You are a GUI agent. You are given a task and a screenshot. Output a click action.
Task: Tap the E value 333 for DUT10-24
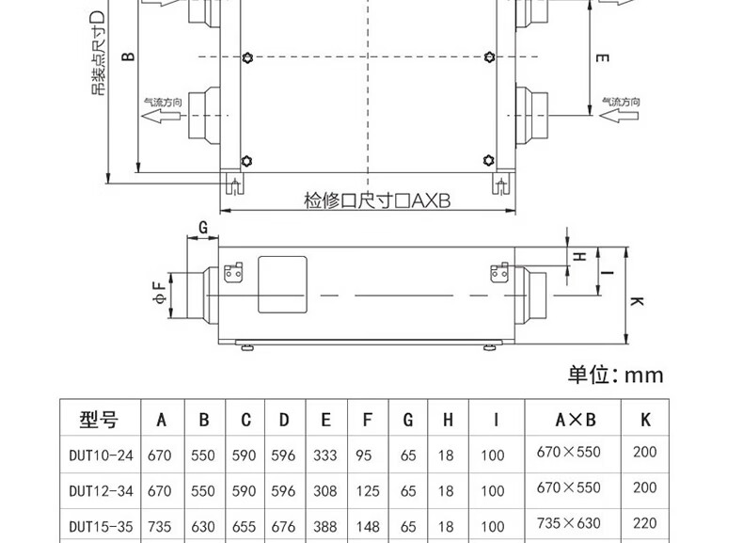point(326,455)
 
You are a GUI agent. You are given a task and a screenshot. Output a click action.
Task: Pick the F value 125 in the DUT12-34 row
point(368,489)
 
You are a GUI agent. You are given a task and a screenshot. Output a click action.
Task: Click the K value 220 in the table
point(645,524)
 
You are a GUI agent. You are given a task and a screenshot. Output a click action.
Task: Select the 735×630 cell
point(568,524)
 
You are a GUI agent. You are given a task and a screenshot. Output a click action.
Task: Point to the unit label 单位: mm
point(615,375)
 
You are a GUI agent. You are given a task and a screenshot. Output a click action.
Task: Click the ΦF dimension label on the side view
point(160,293)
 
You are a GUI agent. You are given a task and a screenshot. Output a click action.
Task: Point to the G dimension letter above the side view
point(202,225)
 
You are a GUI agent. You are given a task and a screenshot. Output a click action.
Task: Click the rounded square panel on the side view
point(282,283)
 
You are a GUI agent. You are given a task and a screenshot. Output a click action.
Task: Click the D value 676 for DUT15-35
point(283,524)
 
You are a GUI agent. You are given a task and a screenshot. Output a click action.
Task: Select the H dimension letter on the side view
point(580,256)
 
